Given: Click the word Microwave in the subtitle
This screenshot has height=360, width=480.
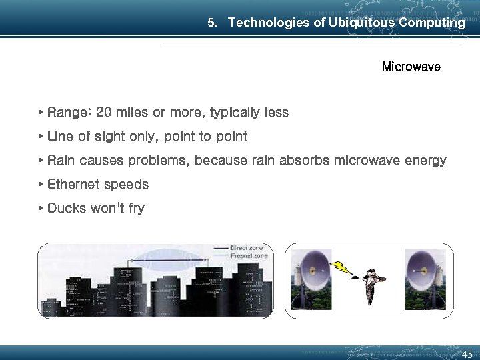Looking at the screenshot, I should pos(411,67).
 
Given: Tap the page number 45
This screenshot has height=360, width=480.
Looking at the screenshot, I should pos(467,354).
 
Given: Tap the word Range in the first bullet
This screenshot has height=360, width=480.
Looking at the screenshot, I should pos(69,113).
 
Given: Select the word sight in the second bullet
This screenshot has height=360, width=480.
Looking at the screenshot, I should pos(109,137).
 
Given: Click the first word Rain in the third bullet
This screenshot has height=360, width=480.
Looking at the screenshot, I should pos(61,161).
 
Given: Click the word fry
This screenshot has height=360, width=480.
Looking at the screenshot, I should pos(136,209).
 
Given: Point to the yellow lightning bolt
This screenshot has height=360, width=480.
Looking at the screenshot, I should pos(341,267).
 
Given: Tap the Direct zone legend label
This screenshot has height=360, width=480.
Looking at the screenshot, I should pos(247,248).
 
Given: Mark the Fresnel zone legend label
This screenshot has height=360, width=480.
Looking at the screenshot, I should pos(248,255).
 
